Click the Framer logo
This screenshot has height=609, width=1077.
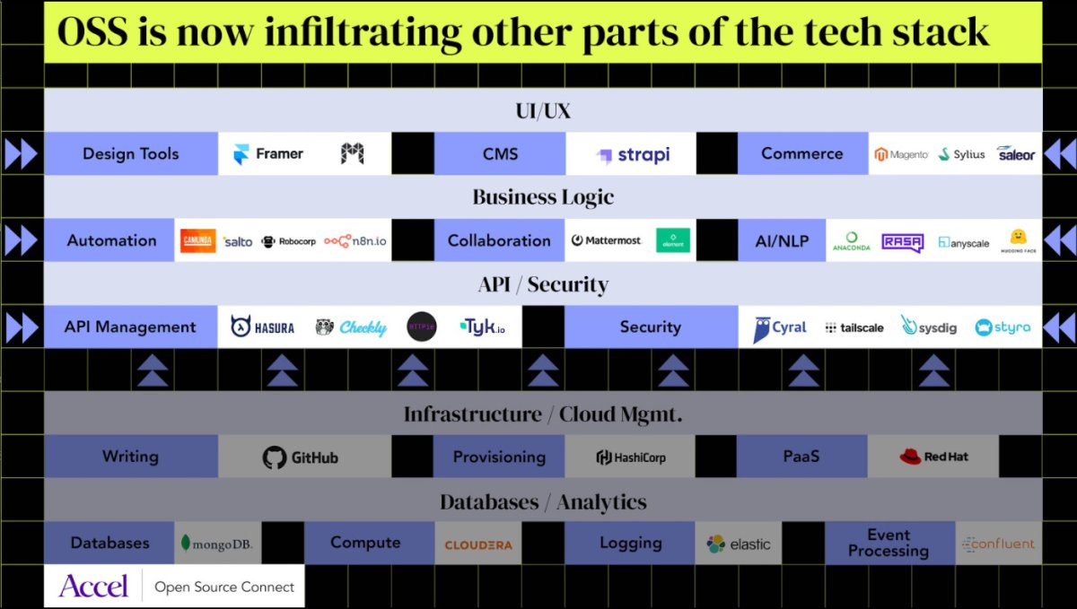268,154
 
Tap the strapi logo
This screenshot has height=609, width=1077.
633,155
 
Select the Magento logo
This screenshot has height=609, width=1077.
902,154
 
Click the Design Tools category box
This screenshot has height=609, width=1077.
131,154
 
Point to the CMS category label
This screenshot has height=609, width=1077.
500,154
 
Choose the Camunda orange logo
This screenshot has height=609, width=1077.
197,241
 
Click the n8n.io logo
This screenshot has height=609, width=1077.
357,241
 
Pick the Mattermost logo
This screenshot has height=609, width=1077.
608,240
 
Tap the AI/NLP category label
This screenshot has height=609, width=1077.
782,240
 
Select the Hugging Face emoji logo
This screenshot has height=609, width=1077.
1018,240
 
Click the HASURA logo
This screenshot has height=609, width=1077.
263,327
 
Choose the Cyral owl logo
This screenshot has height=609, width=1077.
779,328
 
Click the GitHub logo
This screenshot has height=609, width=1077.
301,457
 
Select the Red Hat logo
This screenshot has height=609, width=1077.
933,457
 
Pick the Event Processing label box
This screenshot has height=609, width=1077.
889,543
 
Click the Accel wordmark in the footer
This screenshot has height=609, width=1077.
93,586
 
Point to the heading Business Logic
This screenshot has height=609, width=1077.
543,197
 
